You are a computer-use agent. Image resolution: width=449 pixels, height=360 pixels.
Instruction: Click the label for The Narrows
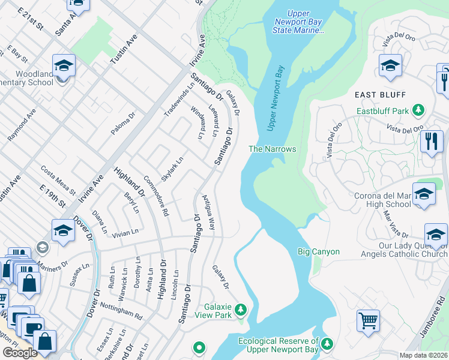273,149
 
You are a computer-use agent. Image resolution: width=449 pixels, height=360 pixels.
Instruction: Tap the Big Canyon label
319,252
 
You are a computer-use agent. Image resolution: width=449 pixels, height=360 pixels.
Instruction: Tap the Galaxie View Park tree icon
241,310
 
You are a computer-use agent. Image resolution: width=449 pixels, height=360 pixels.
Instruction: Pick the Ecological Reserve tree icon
327,344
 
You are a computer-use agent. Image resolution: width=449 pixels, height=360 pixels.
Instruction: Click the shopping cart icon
368,319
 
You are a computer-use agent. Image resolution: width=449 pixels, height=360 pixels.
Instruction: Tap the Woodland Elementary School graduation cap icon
63,65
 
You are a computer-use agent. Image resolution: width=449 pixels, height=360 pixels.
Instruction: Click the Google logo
20,353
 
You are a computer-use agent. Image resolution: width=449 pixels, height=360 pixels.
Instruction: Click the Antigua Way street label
208,212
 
